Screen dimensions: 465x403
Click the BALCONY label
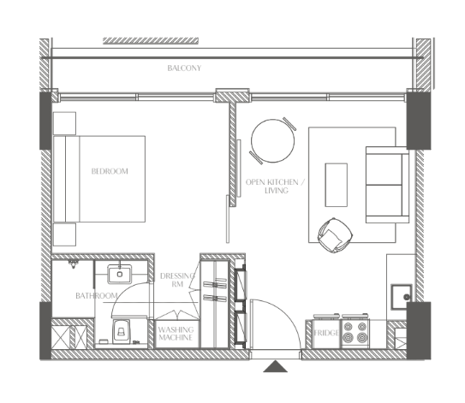pyautogui.click(x=184, y=68)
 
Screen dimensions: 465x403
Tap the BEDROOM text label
pyautogui.click(x=110, y=171)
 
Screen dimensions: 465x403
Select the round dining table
pyautogui.click(x=273, y=141)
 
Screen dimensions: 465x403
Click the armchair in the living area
pyautogui.click(x=335, y=235)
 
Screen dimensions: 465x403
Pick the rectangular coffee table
pyautogui.click(x=337, y=185)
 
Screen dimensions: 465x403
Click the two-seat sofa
pyautogui.click(x=387, y=185)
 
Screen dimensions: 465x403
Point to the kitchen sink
pyautogui.click(x=402, y=297)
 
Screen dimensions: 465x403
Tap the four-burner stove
pyautogui.click(x=355, y=332)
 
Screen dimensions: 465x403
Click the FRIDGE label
pyautogui.click(x=326, y=333)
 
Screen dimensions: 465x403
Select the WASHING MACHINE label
pyautogui.click(x=176, y=334)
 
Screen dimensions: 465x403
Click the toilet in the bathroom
pyautogui.click(x=121, y=331)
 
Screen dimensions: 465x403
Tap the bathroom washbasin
pyautogui.click(x=120, y=274)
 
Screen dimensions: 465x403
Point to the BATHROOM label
pyautogui.click(x=97, y=296)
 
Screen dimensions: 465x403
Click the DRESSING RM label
pyautogui.click(x=177, y=280)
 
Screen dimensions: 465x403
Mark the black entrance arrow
pyautogui.click(x=275, y=366)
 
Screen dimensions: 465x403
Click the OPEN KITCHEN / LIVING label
pyautogui.click(x=275, y=186)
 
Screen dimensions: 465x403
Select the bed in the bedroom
pyautogui.click(x=99, y=179)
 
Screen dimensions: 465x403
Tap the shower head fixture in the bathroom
pyautogui.click(x=73, y=264)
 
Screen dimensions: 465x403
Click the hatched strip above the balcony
pyautogui.click(x=151, y=41)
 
